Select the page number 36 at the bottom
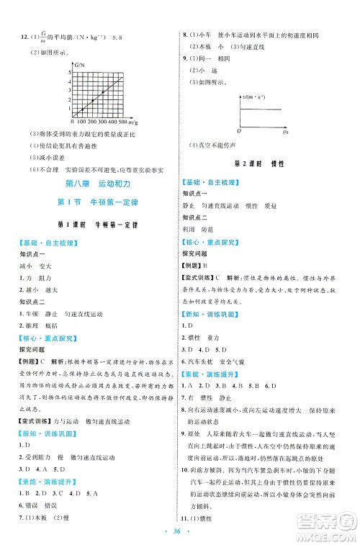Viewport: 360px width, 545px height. (180, 531)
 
